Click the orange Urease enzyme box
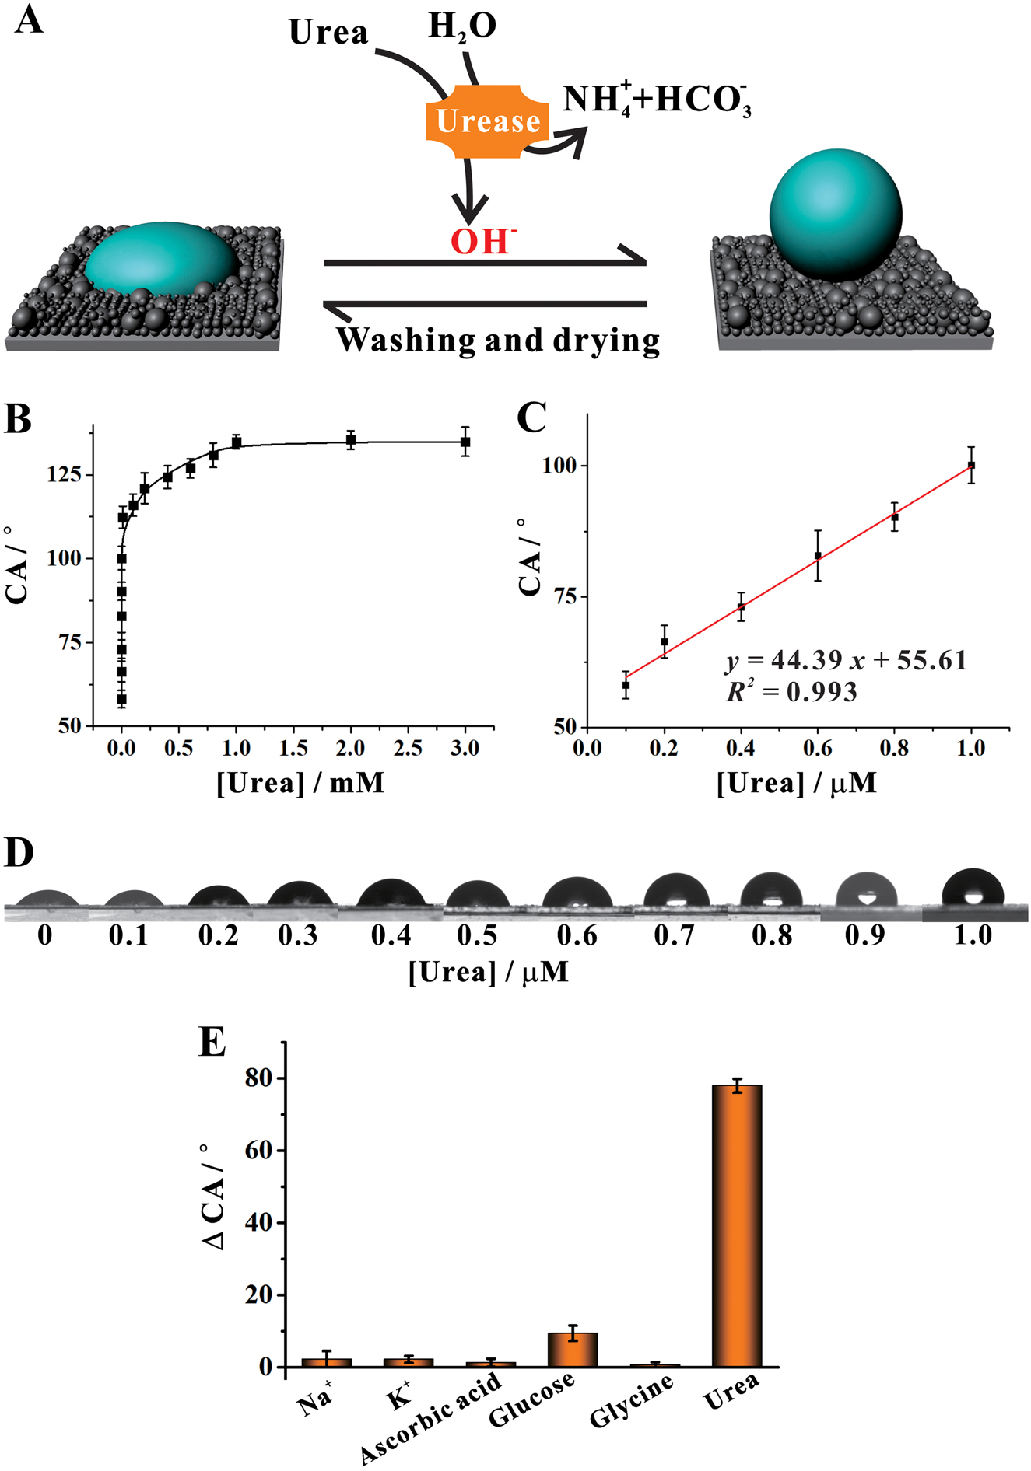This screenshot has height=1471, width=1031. pos(487,121)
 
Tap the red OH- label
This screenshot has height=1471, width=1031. pos(482,242)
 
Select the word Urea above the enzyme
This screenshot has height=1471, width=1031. pos(328,33)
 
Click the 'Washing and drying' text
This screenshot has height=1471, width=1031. pos(498,341)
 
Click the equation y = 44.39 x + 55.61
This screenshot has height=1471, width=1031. pos(846,661)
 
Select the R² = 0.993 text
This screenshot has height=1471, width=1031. pos(791,692)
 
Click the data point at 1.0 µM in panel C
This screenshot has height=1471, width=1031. pos(971,465)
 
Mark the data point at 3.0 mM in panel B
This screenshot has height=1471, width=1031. pos(465,442)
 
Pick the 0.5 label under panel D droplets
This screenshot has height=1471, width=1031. pos(477,935)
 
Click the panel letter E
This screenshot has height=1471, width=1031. pos(212,1043)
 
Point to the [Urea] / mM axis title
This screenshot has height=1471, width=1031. pos(300,783)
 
